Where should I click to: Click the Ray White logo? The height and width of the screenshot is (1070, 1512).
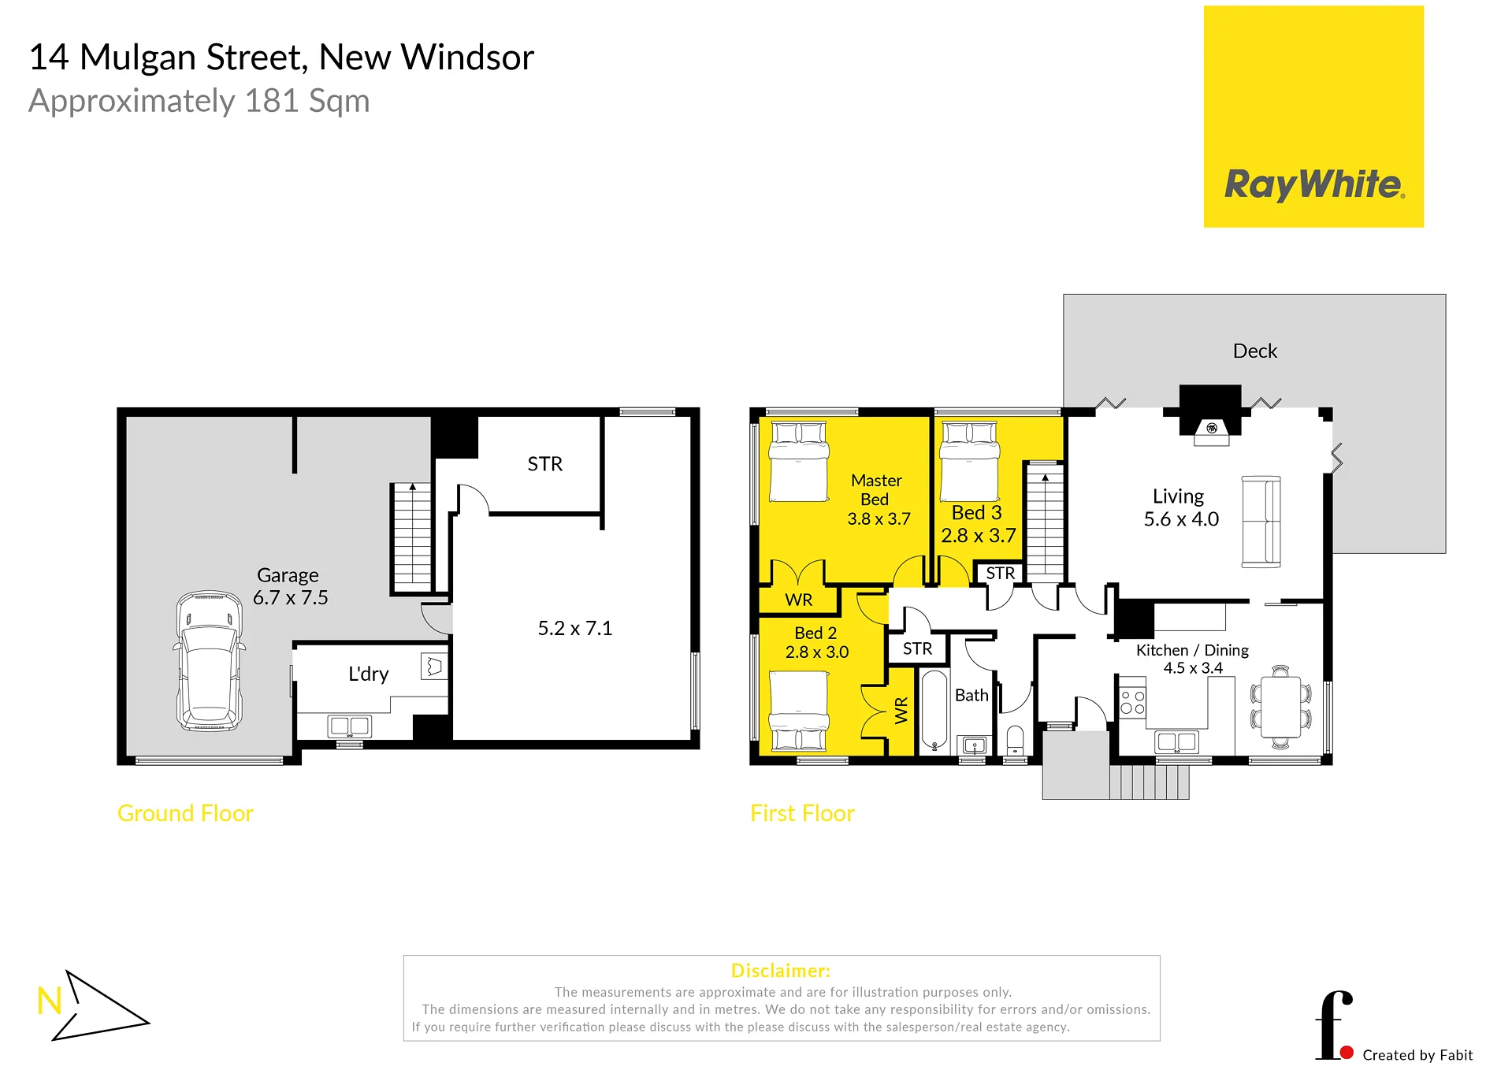[1313, 117]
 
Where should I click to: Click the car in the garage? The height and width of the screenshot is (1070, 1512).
[210, 661]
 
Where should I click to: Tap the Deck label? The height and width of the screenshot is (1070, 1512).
[1254, 351]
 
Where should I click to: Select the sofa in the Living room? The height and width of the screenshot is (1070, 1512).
[1261, 522]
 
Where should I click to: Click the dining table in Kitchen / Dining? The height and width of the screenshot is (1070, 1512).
[1280, 708]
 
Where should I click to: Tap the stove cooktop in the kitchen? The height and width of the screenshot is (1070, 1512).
[1133, 702]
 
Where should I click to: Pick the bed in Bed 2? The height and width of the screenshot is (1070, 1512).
[799, 709]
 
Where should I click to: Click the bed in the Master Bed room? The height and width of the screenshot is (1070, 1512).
[799, 462]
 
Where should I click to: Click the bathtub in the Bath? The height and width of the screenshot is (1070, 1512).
[934, 710]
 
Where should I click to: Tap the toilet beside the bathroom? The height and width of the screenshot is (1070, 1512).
[1015, 740]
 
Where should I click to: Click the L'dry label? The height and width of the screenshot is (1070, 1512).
[368, 674]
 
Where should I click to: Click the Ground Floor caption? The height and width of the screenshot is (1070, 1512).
[185, 813]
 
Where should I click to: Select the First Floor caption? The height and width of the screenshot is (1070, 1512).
[802, 813]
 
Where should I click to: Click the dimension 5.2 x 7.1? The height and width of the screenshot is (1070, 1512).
[574, 628]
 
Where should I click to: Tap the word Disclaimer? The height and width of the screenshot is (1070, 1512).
[780, 971]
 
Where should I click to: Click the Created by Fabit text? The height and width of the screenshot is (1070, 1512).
[1417, 1055]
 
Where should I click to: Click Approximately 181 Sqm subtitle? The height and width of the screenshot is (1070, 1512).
[199, 101]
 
